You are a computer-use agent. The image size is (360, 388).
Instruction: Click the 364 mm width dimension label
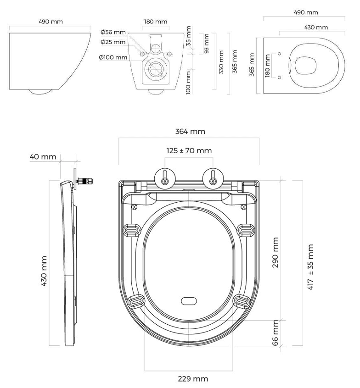190,131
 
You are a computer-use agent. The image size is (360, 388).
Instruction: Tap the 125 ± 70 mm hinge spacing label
189,150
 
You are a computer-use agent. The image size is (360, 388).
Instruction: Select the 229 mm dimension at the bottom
193,379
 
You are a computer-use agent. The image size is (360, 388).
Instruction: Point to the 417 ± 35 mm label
311,267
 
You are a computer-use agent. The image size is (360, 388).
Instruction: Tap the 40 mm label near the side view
43,157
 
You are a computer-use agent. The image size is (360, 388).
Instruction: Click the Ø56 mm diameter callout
113,32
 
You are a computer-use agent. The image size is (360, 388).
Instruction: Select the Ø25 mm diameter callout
113,42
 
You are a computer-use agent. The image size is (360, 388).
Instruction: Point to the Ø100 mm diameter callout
112,57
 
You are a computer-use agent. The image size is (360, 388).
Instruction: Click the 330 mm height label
221,62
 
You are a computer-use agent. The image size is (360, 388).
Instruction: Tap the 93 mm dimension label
206,44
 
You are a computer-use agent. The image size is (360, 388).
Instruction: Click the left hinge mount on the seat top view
164,178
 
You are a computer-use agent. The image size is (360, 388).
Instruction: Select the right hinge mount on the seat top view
213,178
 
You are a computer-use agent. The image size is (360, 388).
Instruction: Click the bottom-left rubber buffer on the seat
136,301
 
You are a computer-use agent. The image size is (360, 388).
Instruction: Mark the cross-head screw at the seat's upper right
243,207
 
